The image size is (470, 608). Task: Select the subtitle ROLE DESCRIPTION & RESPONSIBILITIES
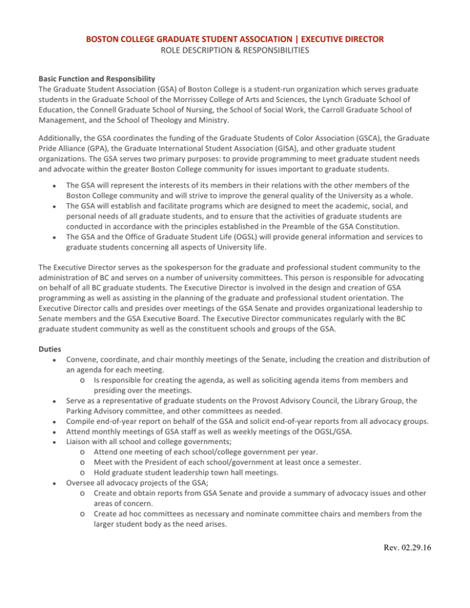tap(235, 51)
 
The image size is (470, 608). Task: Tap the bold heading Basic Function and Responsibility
tap(106, 80)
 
